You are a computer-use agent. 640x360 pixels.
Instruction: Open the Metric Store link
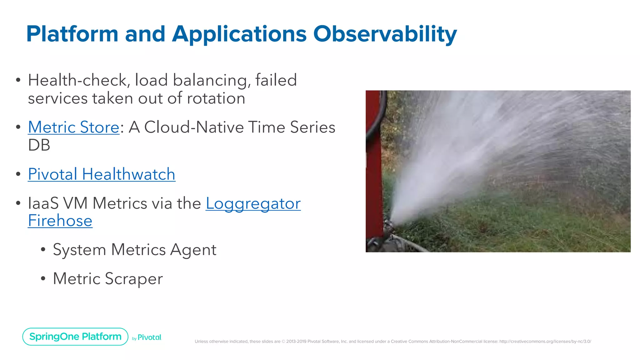pos(73,127)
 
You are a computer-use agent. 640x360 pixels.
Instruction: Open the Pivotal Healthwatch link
pos(102,174)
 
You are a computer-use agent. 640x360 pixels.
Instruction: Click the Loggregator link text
pos(253,203)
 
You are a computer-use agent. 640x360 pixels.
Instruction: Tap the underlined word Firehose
pos(60,221)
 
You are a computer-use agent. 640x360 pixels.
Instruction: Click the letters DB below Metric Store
pos(39,145)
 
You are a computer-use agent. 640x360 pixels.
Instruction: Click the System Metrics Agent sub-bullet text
pos(134,250)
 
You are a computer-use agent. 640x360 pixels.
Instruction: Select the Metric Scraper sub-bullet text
pos(108,278)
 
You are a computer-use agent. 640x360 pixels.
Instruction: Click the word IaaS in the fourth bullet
pos(43,203)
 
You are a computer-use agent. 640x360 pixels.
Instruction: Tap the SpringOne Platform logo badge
pos(75,337)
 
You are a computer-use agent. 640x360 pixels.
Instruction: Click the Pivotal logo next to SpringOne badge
pos(149,337)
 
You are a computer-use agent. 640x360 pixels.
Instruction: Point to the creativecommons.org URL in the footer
pos(545,342)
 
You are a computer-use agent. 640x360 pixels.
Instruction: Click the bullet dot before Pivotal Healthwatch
pos(18,174)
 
